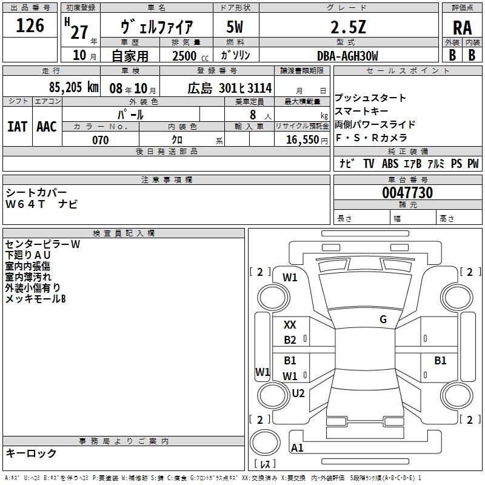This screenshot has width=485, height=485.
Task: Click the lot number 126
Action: (x=30, y=25)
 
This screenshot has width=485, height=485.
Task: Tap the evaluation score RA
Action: (x=462, y=28)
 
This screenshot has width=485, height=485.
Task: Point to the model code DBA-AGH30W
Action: (x=347, y=56)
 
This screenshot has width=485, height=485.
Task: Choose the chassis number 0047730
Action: (x=407, y=193)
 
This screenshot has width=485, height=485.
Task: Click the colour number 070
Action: (x=100, y=140)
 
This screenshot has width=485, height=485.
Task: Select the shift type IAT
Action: (x=17, y=126)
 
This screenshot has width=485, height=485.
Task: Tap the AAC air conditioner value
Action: (x=47, y=126)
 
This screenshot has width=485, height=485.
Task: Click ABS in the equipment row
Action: (x=390, y=164)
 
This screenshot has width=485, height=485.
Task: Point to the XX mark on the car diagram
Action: (x=290, y=326)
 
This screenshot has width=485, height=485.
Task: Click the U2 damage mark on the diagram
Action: (x=298, y=393)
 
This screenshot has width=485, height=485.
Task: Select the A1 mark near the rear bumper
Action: (x=297, y=448)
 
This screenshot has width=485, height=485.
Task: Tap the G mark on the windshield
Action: (x=383, y=319)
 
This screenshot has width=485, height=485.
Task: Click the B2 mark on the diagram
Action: (x=290, y=340)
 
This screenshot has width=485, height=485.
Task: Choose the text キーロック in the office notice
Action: (x=31, y=453)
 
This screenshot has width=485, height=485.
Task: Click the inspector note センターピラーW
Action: (x=42, y=244)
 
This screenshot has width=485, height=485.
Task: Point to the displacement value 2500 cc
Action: (x=187, y=56)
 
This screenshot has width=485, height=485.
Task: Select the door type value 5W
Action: (x=236, y=27)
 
